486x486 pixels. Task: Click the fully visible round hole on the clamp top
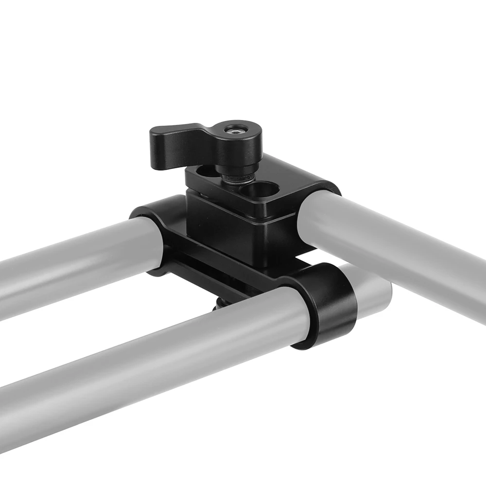click(262, 190)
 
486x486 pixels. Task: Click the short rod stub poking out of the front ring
click(374, 292)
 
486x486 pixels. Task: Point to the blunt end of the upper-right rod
click(316, 219)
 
